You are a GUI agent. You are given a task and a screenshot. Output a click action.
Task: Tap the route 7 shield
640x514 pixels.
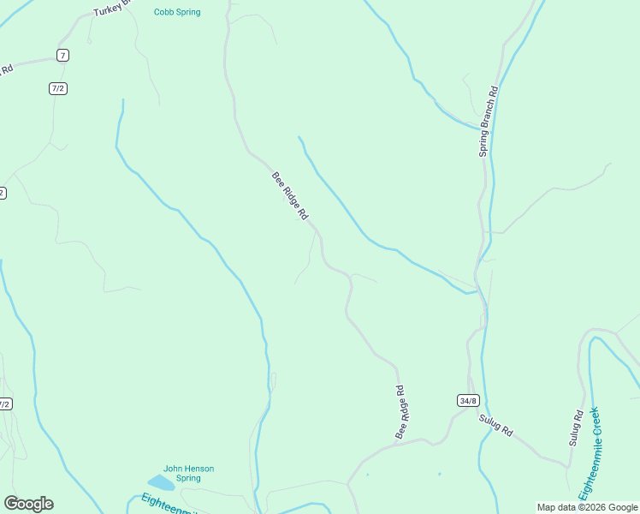click(62, 55)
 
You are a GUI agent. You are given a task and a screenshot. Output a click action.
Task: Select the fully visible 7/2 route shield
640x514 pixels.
click(58, 87)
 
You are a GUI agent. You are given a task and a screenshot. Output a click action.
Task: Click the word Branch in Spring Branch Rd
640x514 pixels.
click(489, 114)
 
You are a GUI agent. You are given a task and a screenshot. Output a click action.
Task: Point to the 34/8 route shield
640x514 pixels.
click(467, 400)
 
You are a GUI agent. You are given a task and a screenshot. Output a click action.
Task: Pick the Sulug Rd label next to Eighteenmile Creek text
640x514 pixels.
click(576, 428)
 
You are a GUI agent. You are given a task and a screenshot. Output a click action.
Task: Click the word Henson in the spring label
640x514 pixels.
click(199, 469)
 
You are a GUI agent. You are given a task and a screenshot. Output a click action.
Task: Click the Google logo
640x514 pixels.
click(28, 504)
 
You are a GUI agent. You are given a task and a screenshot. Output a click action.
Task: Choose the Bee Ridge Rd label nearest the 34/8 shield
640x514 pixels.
click(400, 413)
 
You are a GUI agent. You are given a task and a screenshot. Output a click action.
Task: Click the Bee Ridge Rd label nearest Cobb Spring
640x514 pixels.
click(290, 195)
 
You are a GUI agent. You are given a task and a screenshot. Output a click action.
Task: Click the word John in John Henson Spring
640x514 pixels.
click(173, 469)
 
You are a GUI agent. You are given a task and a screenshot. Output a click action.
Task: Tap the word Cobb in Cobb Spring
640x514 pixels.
click(163, 12)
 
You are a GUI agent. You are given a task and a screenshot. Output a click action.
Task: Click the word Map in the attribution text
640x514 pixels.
click(546, 507)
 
